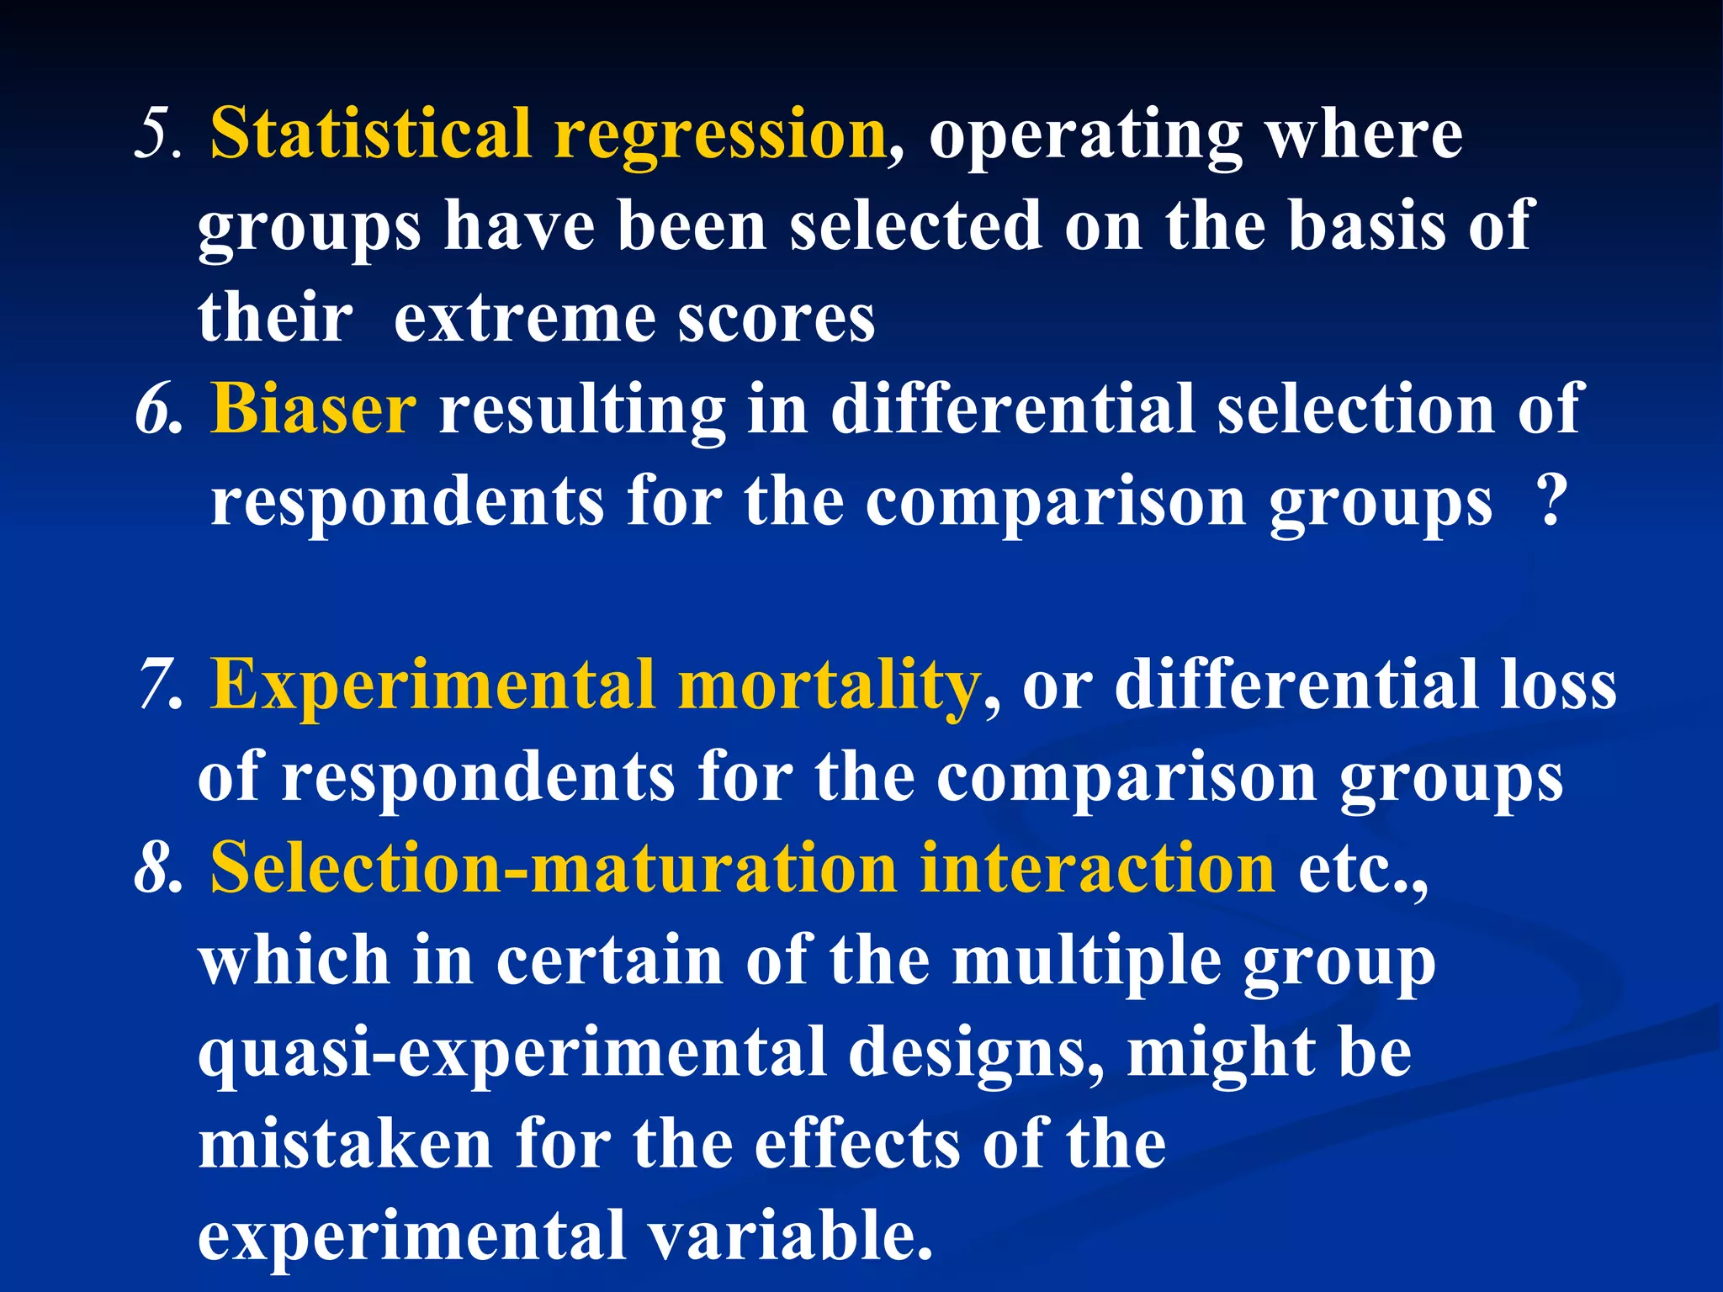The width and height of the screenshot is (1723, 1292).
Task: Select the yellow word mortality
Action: click(829, 686)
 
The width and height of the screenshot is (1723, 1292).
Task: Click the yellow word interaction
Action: click(1098, 868)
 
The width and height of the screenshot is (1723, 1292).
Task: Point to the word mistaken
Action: click(345, 1144)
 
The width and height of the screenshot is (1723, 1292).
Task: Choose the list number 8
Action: click(158, 868)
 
